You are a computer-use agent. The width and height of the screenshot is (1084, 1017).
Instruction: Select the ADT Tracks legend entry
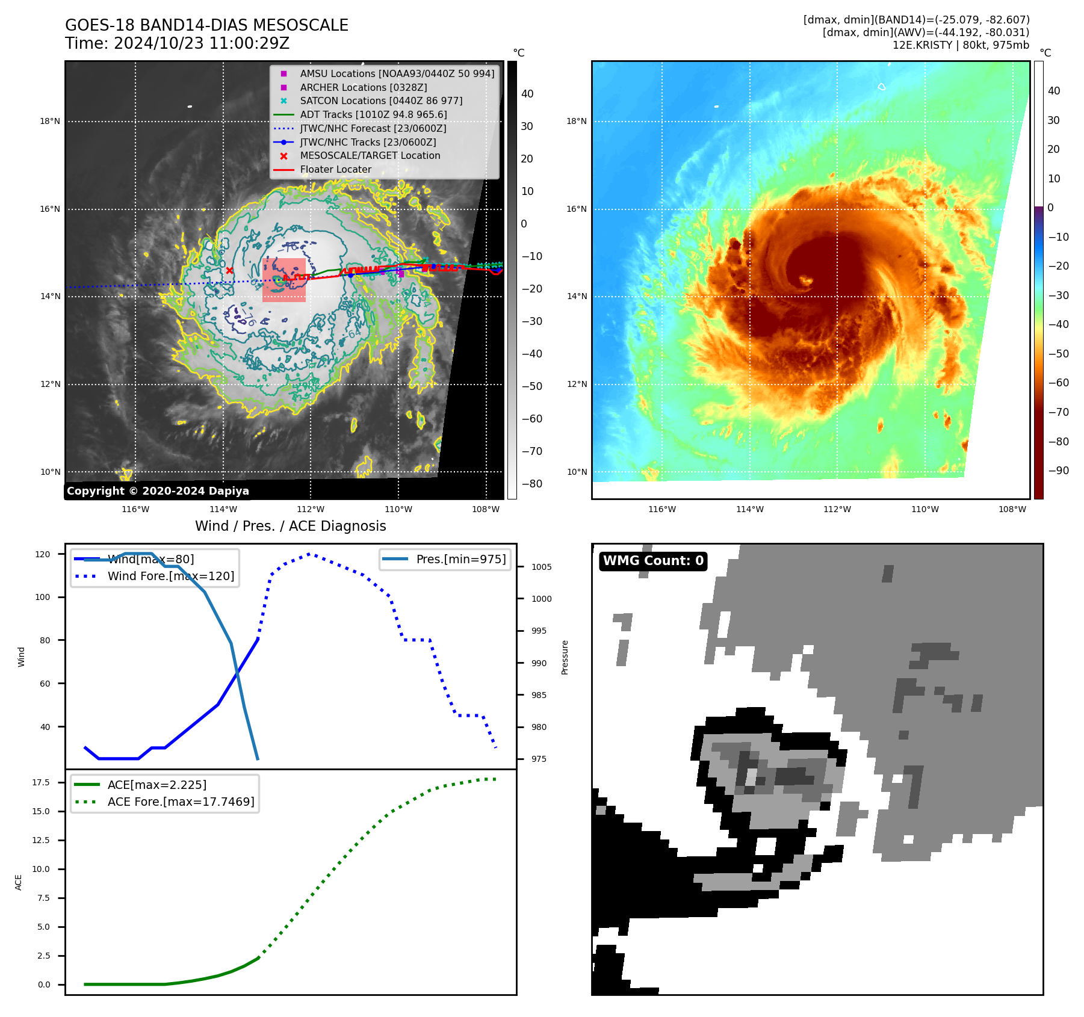(x=373, y=114)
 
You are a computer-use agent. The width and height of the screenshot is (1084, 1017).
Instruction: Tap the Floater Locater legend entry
(x=335, y=169)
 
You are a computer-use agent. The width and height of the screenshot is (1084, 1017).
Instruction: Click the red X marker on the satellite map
(x=229, y=271)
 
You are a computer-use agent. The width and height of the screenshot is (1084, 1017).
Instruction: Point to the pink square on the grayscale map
(x=284, y=280)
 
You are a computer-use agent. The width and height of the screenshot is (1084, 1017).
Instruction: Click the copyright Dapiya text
(x=158, y=491)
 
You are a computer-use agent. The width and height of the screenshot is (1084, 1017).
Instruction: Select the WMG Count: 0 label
(x=653, y=561)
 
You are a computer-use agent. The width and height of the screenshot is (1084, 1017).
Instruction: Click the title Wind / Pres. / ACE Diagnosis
(x=291, y=526)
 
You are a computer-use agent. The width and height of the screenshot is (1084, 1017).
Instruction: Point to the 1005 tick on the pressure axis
(x=541, y=567)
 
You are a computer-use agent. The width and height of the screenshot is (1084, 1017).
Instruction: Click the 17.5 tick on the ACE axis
(x=41, y=782)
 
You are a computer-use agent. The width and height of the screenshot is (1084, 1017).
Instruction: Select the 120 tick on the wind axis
(x=43, y=554)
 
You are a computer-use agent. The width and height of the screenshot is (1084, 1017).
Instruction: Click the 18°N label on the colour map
(x=576, y=122)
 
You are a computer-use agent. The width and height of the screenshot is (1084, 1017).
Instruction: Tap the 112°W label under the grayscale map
(x=311, y=509)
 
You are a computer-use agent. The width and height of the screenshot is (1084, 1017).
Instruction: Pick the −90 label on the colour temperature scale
(x=1058, y=471)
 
